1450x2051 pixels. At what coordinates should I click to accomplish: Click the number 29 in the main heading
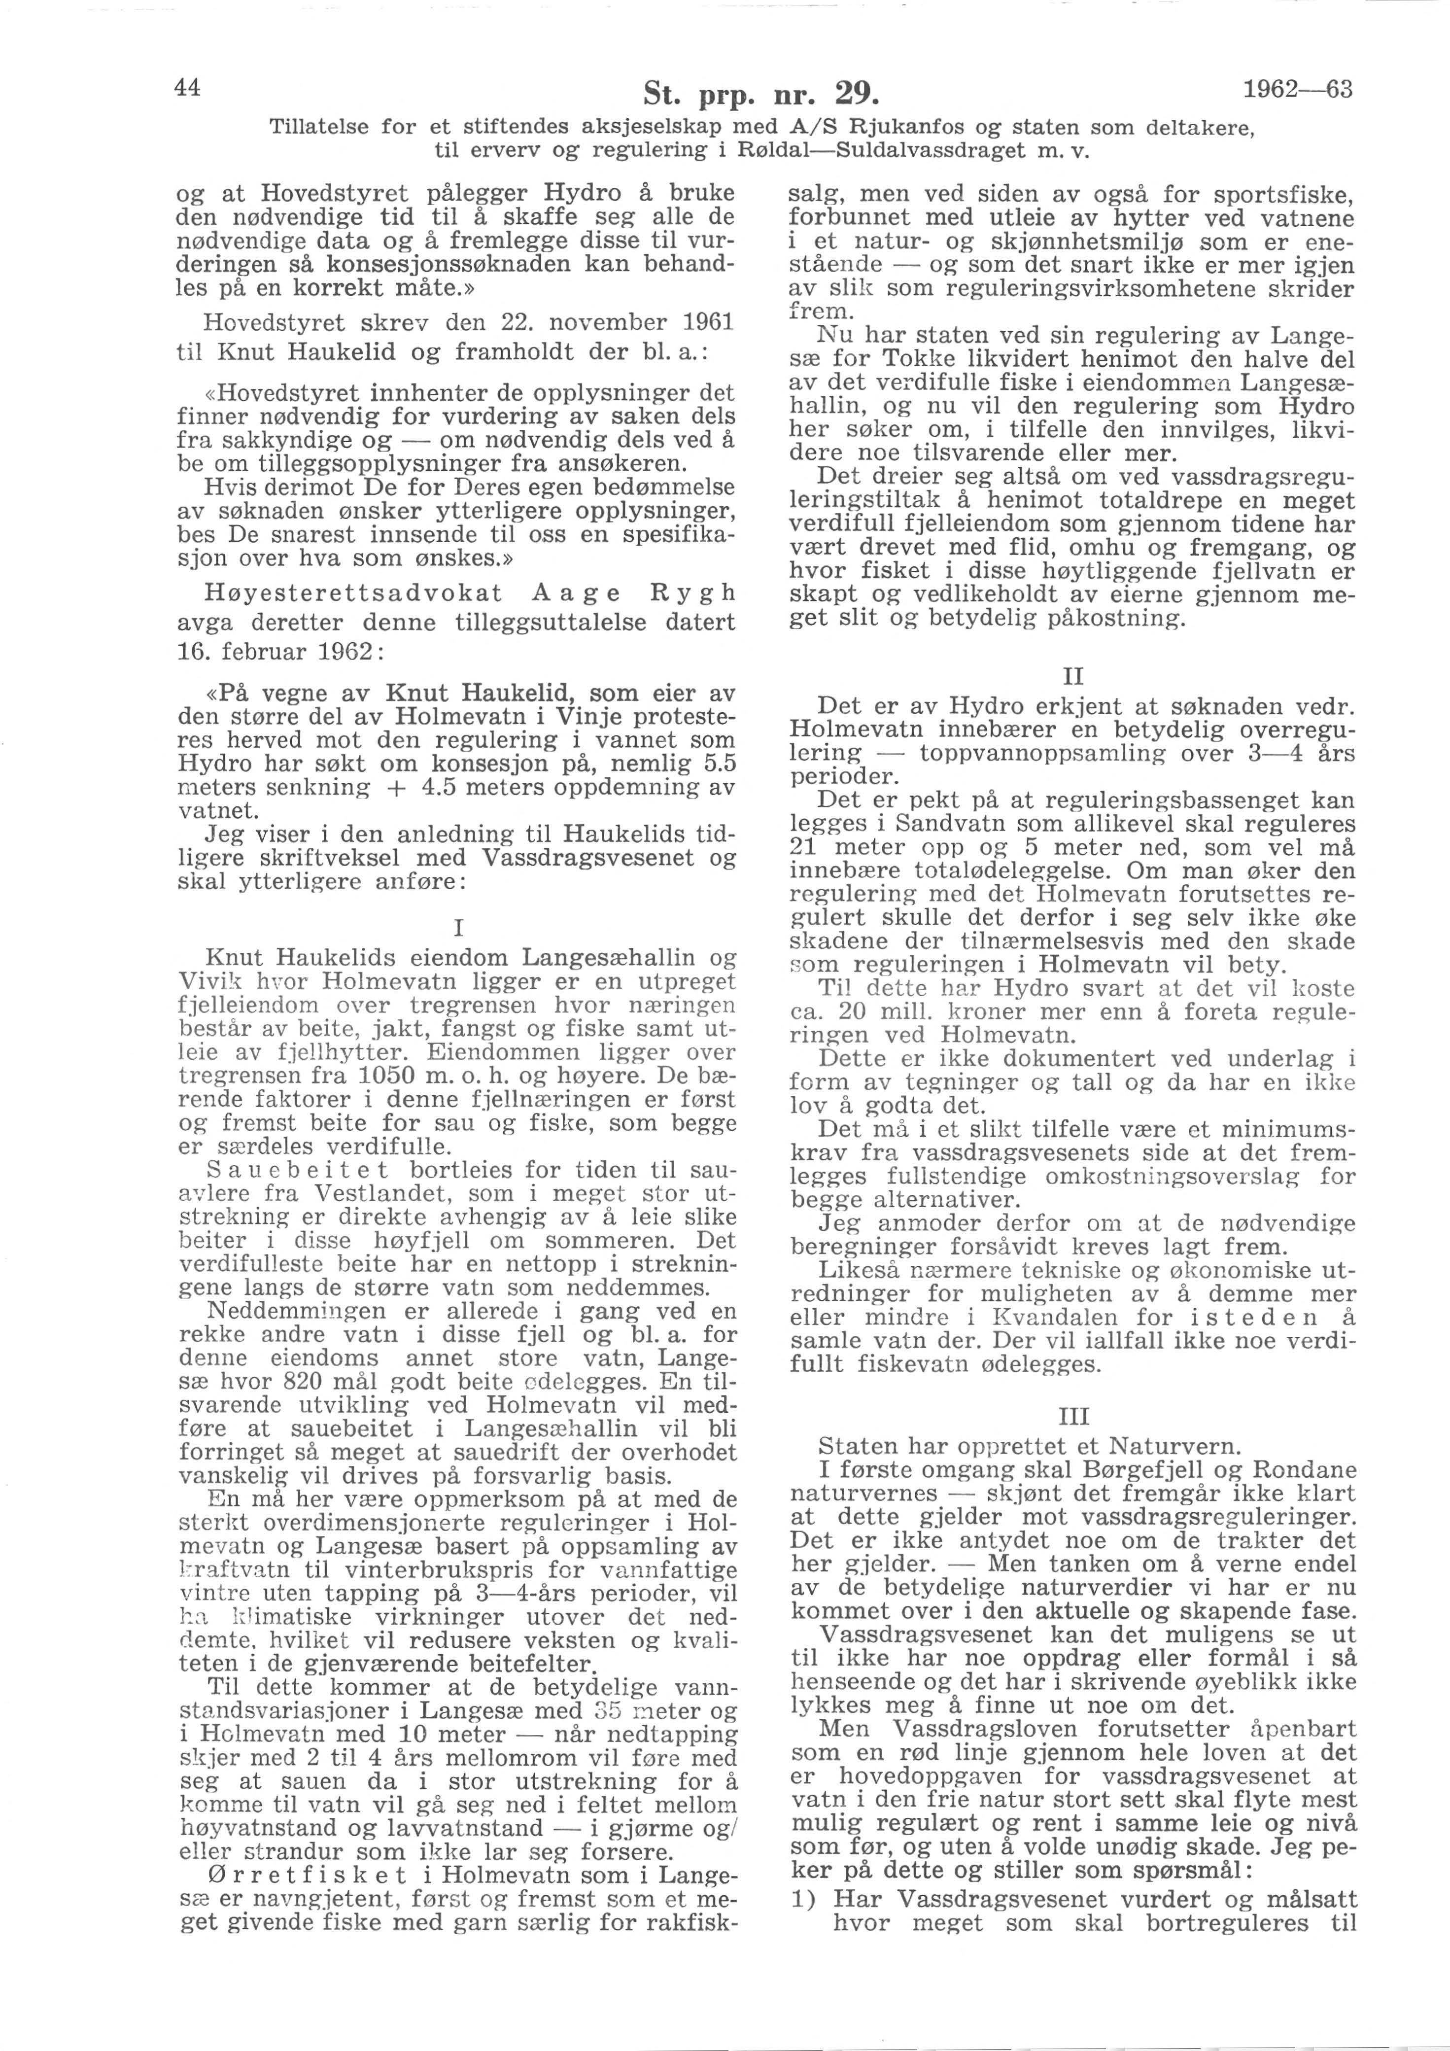pyautogui.click(x=853, y=92)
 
